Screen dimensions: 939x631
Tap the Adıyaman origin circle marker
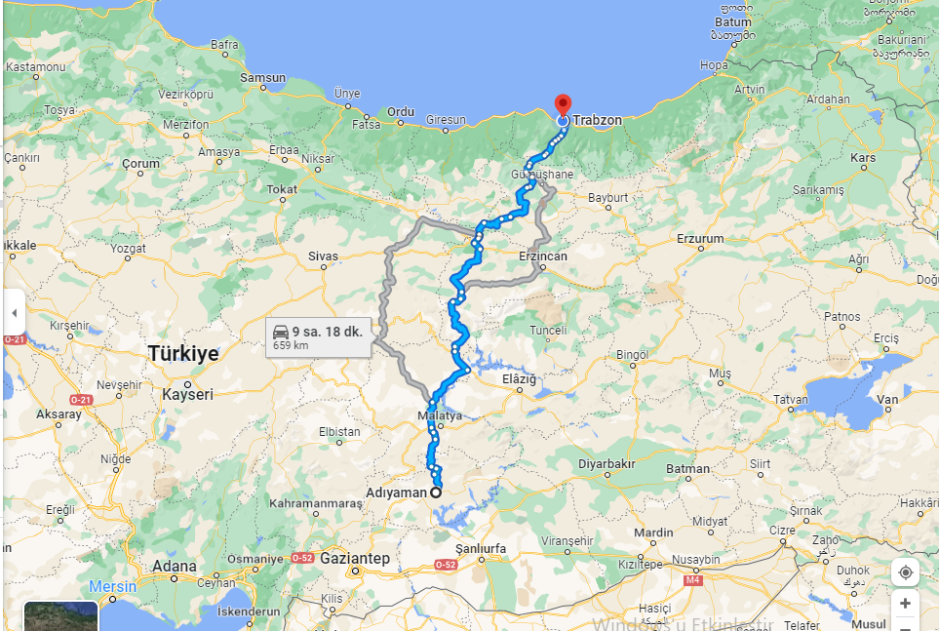tap(436, 493)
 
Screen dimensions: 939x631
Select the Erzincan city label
tap(543, 256)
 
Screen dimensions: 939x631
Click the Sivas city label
tap(323, 256)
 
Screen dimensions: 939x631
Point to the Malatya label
tap(439, 414)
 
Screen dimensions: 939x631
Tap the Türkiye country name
tap(183, 353)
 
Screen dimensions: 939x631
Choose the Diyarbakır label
tap(606, 464)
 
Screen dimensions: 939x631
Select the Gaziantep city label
tap(355, 558)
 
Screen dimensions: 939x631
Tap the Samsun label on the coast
tap(263, 78)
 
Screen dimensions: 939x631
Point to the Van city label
tap(887, 400)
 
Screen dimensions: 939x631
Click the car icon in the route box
tap(281, 332)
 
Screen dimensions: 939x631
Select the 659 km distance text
tap(291, 345)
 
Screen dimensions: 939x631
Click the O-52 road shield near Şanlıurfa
tap(446, 565)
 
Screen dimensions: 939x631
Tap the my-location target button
tap(905, 572)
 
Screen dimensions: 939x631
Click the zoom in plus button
tap(905, 604)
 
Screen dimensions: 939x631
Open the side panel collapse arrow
tap(14, 314)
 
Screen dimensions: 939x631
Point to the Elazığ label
tap(519, 378)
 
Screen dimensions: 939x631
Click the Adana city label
tap(175, 566)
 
